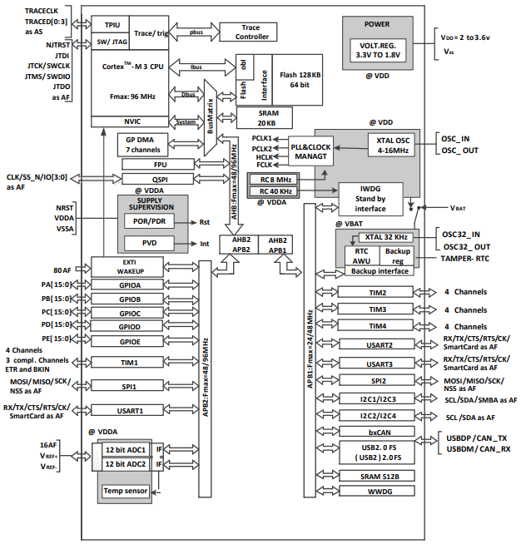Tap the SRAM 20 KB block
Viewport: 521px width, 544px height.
tap(268, 116)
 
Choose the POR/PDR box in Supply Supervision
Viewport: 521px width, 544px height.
tap(147, 221)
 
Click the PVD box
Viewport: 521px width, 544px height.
tap(147, 243)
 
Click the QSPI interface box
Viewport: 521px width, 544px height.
tap(158, 179)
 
